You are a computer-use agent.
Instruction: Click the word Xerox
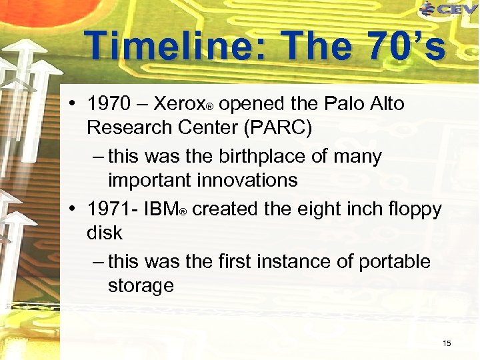(x=179, y=104)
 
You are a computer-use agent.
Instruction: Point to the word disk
(x=105, y=233)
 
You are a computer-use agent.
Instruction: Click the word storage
(x=141, y=285)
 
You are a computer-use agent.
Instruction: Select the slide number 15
(x=447, y=343)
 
